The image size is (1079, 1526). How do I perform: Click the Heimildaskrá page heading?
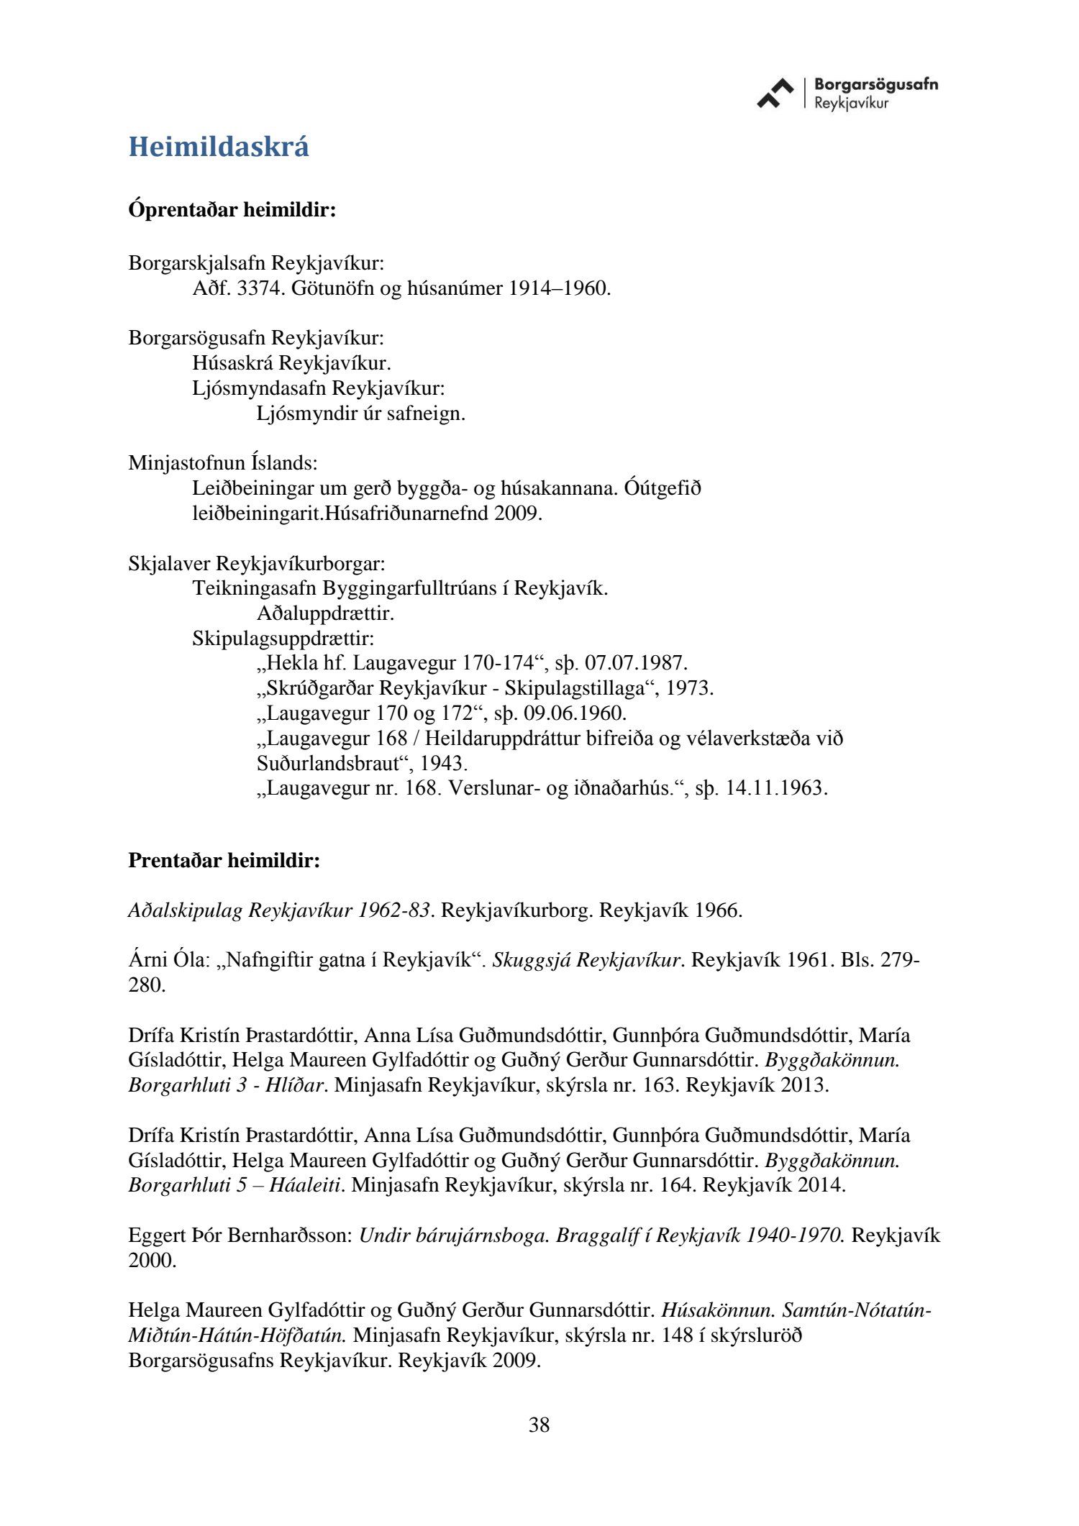coord(219,147)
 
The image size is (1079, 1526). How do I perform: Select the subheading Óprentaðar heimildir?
coord(232,211)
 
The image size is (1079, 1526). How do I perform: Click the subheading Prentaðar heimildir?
coord(224,860)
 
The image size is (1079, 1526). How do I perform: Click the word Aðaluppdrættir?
coord(325,613)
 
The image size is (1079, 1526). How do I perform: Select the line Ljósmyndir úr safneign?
coord(360,414)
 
